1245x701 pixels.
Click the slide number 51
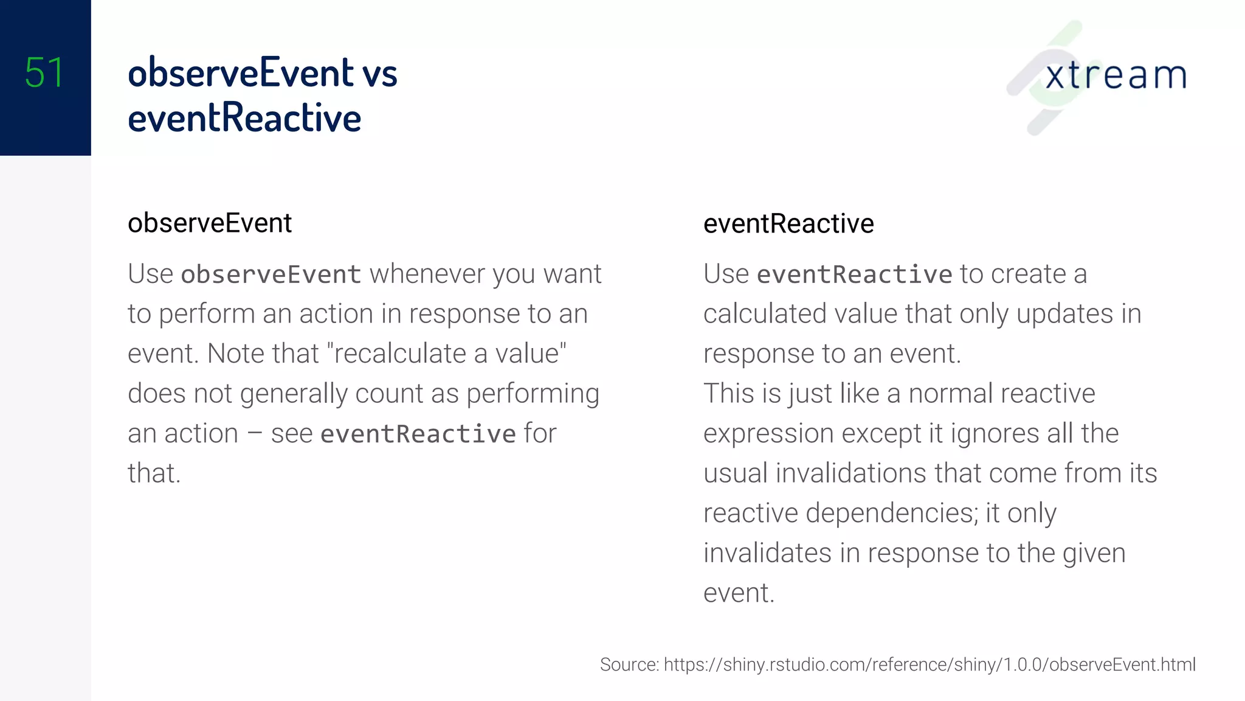(x=44, y=73)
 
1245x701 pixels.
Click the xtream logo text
(x=1116, y=75)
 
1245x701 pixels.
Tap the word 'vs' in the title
(x=379, y=73)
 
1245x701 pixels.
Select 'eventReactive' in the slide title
(x=244, y=118)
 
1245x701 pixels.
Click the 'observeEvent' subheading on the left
(x=210, y=223)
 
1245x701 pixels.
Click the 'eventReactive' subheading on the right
(x=788, y=224)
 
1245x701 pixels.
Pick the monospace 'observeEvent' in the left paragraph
(x=271, y=274)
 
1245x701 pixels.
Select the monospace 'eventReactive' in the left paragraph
(x=418, y=434)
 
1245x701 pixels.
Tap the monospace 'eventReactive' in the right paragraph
(x=854, y=274)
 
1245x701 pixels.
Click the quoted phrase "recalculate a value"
(x=447, y=354)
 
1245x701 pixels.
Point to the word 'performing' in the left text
(x=533, y=394)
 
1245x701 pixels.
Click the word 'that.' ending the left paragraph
(x=154, y=473)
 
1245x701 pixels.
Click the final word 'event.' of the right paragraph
(x=739, y=593)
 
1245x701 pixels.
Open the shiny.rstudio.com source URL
(x=929, y=664)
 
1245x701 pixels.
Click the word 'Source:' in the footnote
(x=629, y=664)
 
